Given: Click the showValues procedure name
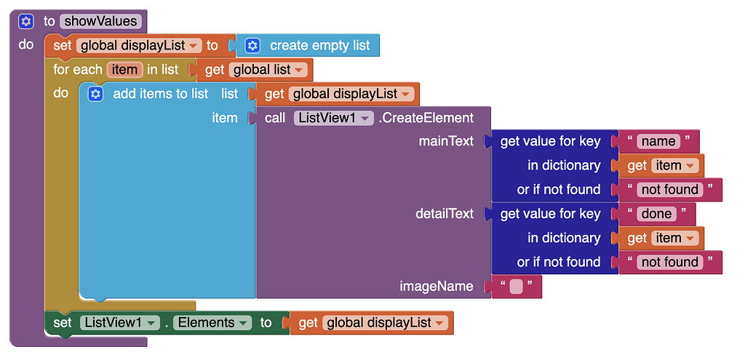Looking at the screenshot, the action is [x=100, y=21].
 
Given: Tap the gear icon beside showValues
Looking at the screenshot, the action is [x=25, y=21].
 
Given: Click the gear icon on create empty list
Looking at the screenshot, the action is [x=252, y=46].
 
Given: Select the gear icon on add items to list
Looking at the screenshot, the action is [x=95, y=94].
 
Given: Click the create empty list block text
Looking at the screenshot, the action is [x=320, y=46].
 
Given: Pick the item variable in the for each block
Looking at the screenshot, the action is [x=125, y=70].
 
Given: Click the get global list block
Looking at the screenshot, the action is [x=251, y=70].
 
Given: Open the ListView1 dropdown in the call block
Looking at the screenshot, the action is [x=333, y=118].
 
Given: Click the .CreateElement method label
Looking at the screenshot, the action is [x=426, y=118].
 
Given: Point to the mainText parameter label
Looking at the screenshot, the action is [x=446, y=142].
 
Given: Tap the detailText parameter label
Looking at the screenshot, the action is [x=445, y=214].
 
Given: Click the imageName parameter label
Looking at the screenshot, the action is [x=437, y=286].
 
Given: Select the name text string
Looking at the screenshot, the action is [x=658, y=142].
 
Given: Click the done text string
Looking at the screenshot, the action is [x=656, y=214].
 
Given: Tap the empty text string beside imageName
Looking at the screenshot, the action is [x=516, y=287].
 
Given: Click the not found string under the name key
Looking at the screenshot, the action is [x=670, y=190].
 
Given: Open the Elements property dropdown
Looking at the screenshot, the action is [x=212, y=323].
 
